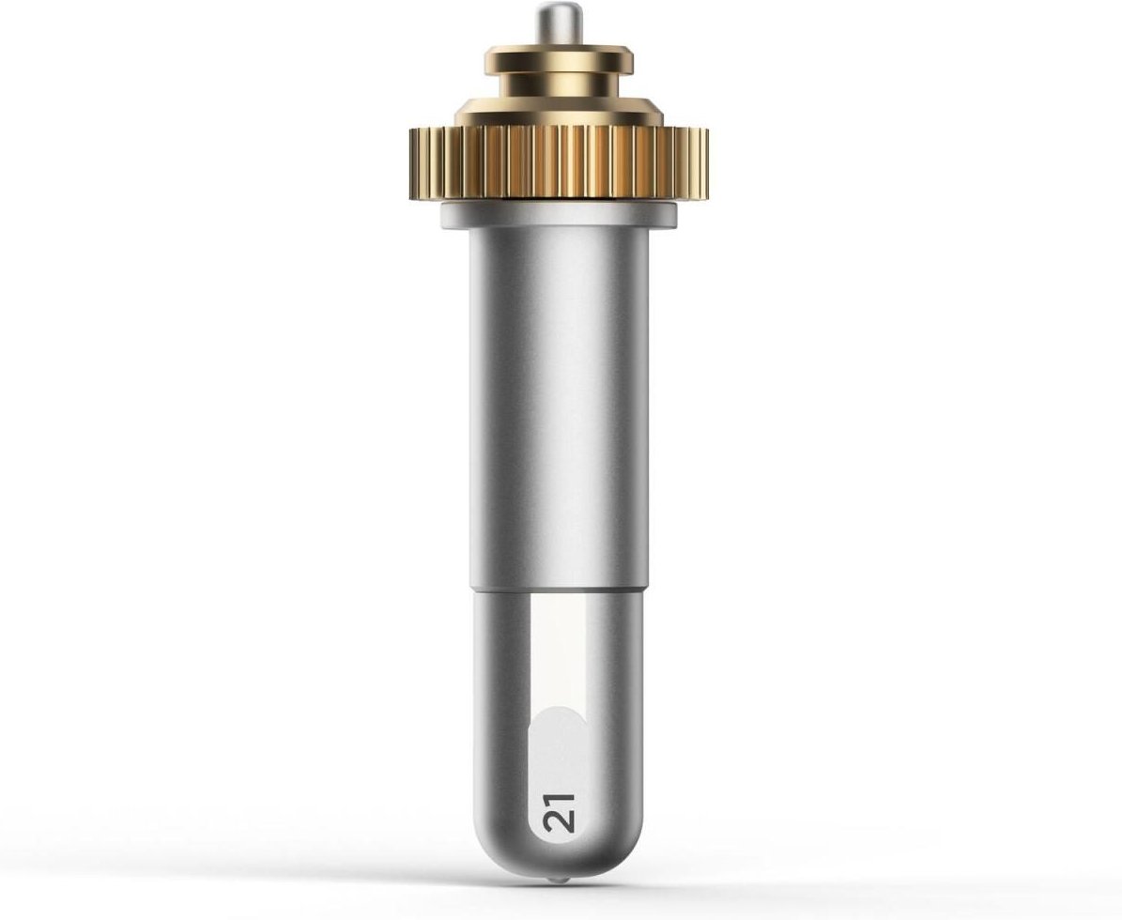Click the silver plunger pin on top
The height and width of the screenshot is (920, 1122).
click(x=558, y=25)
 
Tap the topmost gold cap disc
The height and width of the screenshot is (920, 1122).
click(x=558, y=59)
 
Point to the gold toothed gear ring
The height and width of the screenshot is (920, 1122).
click(x=558, y=163)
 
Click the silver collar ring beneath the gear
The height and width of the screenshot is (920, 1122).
click(x=558, y=215)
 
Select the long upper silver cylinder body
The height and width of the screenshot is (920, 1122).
click(x=558, y=407)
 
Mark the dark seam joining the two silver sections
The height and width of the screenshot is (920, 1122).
click(x=558, y=590)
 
